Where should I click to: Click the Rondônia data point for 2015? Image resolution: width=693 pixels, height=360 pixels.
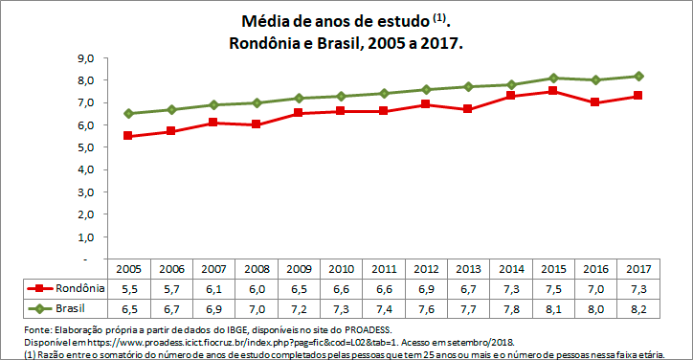coord(552,91)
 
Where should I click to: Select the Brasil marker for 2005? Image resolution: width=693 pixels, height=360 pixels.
coord(129,113)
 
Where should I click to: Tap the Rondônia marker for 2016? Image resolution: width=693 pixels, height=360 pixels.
coord(594,102)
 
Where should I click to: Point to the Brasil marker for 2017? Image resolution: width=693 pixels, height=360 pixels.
coord(637,76)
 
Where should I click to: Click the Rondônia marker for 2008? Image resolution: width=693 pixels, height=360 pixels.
coord(257,124)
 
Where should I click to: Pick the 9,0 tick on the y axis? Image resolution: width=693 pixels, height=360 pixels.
coord(85,58)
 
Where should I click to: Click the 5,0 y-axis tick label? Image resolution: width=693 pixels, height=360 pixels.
coord(85,147)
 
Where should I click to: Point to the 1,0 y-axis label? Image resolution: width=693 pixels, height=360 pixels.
coord(85,236)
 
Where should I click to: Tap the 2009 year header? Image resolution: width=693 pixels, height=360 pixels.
coord(299,269)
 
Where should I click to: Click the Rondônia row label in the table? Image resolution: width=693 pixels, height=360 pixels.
coord(79,288)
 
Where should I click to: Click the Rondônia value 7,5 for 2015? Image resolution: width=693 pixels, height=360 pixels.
coord(552,288)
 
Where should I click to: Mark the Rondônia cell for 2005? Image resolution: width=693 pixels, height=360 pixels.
coord(129,288)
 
